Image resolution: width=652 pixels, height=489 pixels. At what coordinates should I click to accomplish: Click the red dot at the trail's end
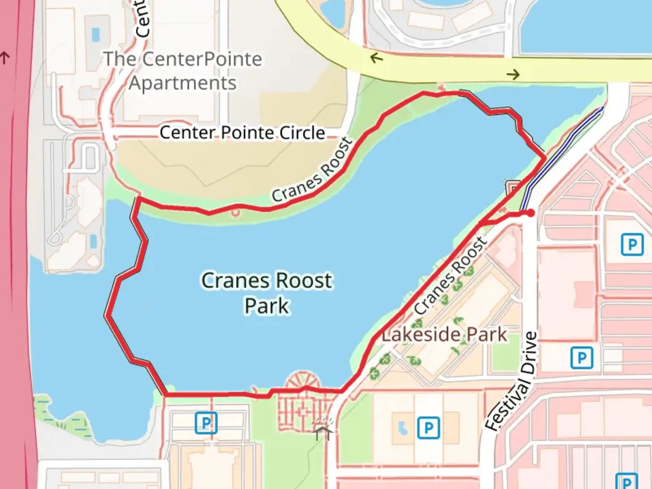pyautogui.click(x=530, y=213)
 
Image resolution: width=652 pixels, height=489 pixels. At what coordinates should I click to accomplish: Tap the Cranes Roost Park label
pyautogui.click(x=267, y=292)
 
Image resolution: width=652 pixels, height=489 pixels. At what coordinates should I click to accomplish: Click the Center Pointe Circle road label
pyautogui.click(x=242, y=133)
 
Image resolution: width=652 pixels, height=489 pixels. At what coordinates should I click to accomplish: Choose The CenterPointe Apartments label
pyautogui.click(x=182, y=71)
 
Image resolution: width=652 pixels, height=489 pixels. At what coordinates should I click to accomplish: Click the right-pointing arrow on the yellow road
pyautogui.click(x=513, y=74)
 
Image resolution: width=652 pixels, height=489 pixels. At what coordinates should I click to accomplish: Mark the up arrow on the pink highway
pyautogui.click(x=5, y=58)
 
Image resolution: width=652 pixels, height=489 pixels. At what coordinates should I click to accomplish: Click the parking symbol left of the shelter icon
pyautogui.click(x=206, y=423)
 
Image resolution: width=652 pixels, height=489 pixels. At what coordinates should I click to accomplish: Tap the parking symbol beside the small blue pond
pyautogui.click(x=428, y=427)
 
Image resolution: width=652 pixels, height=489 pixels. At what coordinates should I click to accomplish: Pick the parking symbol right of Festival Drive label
pyautogui.click(x=581, y=358)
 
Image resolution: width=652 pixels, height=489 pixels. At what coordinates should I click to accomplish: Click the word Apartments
pyautogui.click(x=182, y=83)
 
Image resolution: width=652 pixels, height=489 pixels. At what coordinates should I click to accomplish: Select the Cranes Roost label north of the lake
pyautogui.click(x=312, y=170)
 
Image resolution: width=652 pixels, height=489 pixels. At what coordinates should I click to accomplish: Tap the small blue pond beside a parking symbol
pyautogui.click(x=402, y=427)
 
